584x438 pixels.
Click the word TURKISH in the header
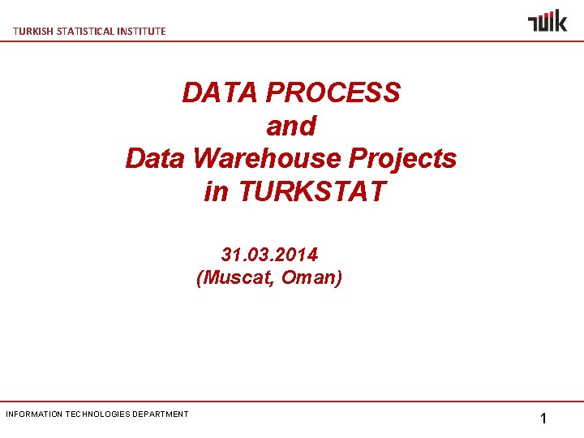point(31,31)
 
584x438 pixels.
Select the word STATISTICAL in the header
point(84,31)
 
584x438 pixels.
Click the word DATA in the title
point(213,92)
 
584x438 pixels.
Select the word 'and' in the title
point(290,126)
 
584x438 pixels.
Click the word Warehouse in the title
point(267,158)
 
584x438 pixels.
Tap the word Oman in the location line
point(311,277)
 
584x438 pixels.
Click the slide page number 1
point(543,419)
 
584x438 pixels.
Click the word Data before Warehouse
point(157,158)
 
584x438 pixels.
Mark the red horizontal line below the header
point(292,41)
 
